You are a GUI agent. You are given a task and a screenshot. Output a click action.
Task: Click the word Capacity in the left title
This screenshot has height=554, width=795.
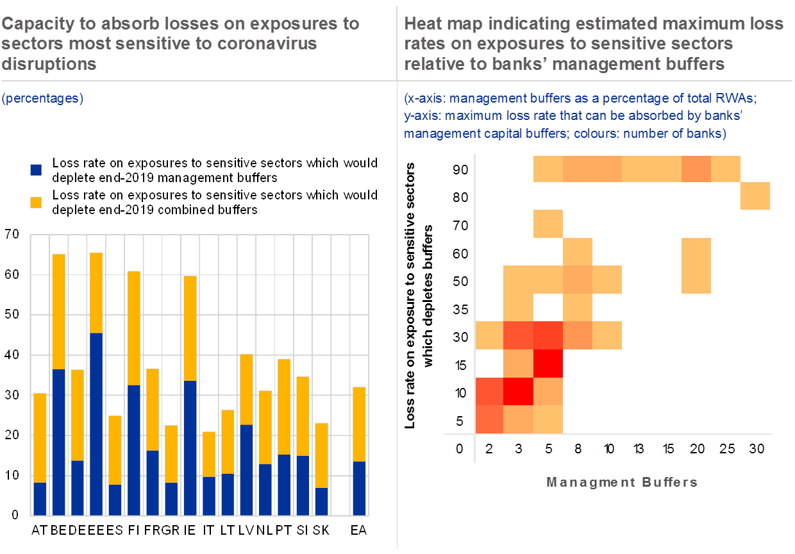point(32,24)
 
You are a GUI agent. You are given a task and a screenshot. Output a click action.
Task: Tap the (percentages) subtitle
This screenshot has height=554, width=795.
point(42,99)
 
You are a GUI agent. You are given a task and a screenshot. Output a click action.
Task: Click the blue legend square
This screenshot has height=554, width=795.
point(37,169)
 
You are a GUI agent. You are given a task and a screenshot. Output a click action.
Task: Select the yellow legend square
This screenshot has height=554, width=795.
point(37,202)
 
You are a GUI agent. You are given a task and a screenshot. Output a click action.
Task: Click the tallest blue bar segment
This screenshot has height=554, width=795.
point(96,424)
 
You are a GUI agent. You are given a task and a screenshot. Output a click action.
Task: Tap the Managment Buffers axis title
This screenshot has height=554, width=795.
point(621,482)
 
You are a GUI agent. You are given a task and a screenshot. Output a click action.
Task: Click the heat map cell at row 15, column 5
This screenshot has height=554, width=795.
point(548,363)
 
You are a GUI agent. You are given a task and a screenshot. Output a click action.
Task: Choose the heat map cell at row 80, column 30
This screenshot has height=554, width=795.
point(755,196)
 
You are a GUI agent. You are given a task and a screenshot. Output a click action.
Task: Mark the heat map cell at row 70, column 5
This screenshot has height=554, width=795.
point(548,224)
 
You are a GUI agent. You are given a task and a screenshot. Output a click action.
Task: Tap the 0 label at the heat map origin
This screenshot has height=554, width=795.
point(459,449)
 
